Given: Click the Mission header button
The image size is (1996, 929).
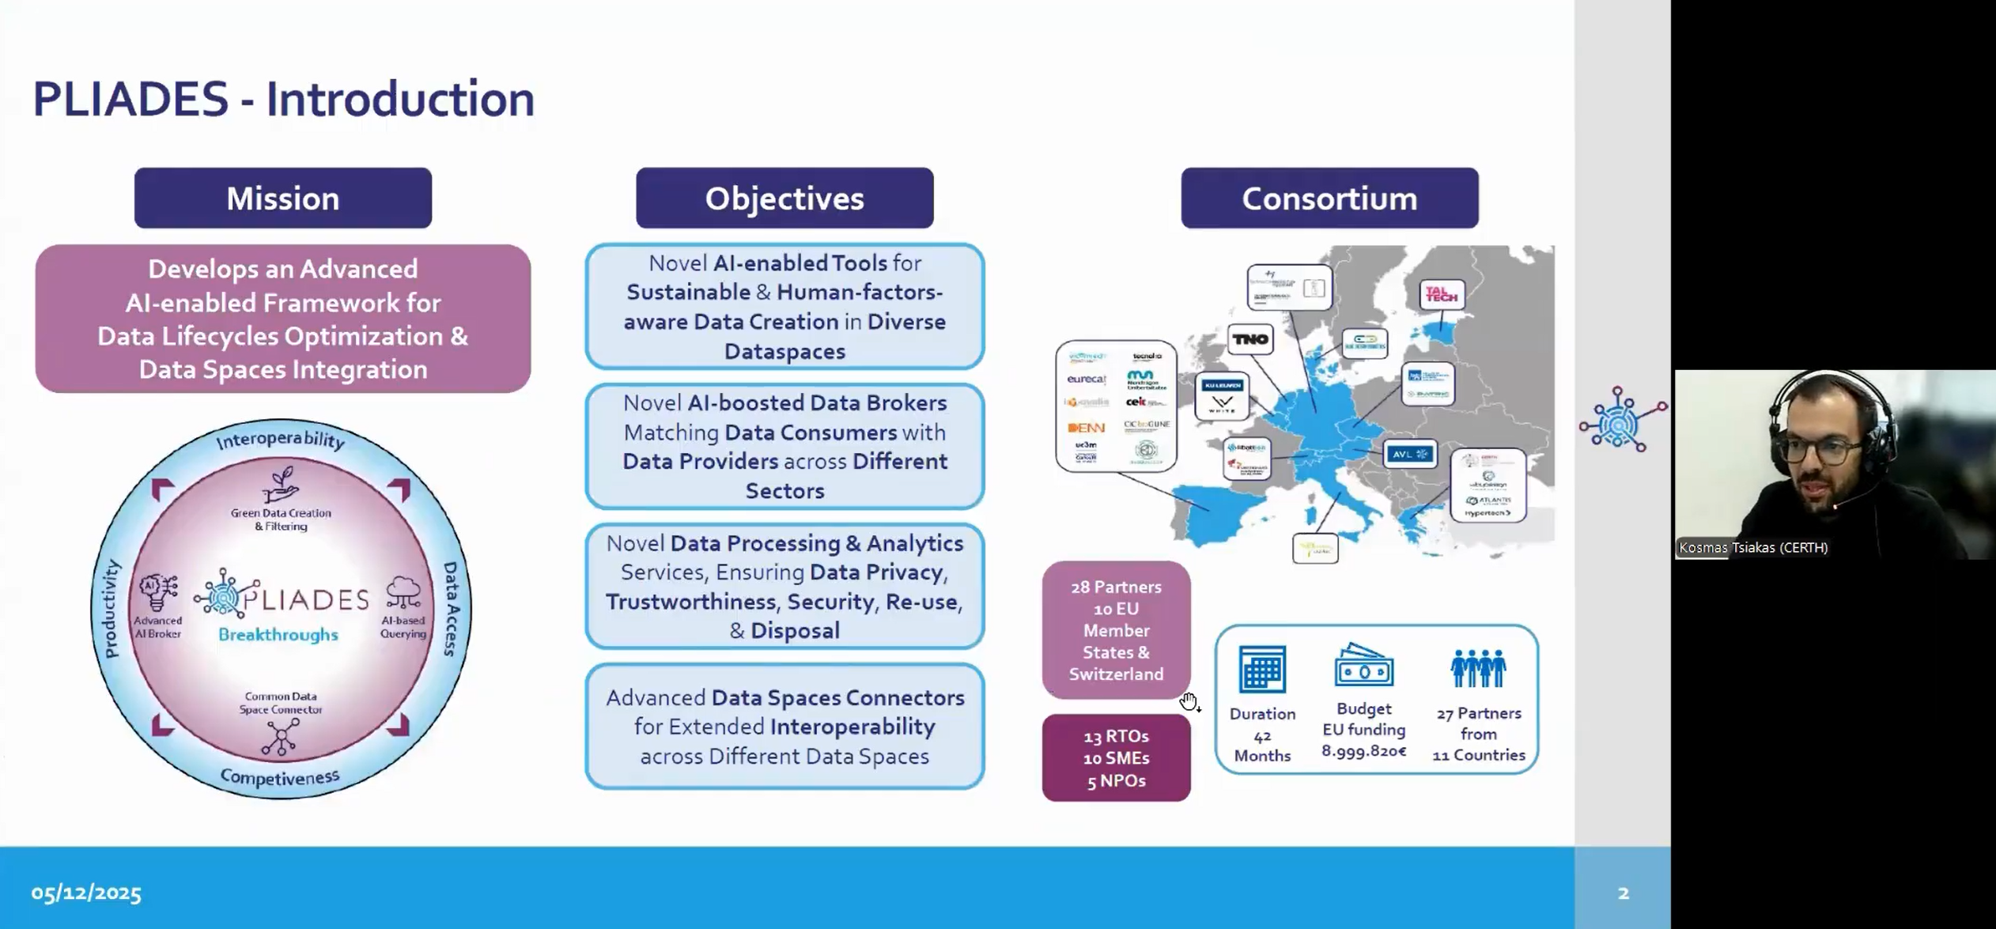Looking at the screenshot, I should [283, 198].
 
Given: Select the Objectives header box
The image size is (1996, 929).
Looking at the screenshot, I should [784, 198].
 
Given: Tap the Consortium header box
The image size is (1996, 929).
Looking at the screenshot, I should [1329, 198].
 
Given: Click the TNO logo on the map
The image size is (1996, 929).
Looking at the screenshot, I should [1250, 339].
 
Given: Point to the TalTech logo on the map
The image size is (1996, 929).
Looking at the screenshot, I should [1441, 295].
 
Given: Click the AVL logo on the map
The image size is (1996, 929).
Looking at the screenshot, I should [1410, 454].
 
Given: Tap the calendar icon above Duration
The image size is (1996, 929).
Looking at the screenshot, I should [1262, 669].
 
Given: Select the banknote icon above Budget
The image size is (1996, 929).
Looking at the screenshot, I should [1363, 665].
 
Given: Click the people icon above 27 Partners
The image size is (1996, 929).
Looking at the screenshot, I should [1477, 668].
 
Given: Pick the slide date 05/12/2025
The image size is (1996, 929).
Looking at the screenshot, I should [86, 893].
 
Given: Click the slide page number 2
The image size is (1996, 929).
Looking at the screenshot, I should [1623, 893].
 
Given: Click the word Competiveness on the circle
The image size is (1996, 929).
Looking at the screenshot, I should [280, 777].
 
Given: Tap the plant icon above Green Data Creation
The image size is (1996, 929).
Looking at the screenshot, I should [281, 483].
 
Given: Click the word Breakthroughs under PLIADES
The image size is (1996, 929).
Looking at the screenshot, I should [278, 635].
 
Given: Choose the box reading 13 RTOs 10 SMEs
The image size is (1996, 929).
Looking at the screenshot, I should [1116, 758].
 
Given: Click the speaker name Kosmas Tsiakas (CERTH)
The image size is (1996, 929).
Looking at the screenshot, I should [1753, 547].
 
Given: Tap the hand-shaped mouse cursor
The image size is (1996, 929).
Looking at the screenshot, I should [1189, 701].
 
